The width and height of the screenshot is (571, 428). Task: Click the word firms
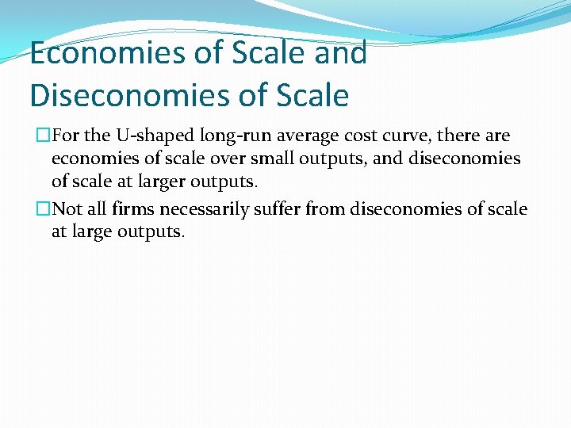[x=134, y=209]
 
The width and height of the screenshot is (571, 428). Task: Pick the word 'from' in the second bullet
[x=326, y=209]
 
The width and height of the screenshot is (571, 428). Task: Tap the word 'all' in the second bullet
[x=98, y=209]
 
